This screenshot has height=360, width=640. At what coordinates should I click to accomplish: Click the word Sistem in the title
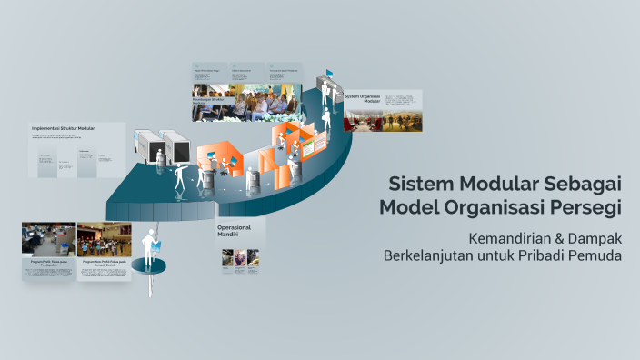[416, 183]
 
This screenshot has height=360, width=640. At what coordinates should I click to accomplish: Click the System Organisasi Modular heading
[363, 97]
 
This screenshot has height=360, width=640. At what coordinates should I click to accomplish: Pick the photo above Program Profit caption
[48, 239]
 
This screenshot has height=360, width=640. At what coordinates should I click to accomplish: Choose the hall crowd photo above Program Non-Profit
[104, 239]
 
